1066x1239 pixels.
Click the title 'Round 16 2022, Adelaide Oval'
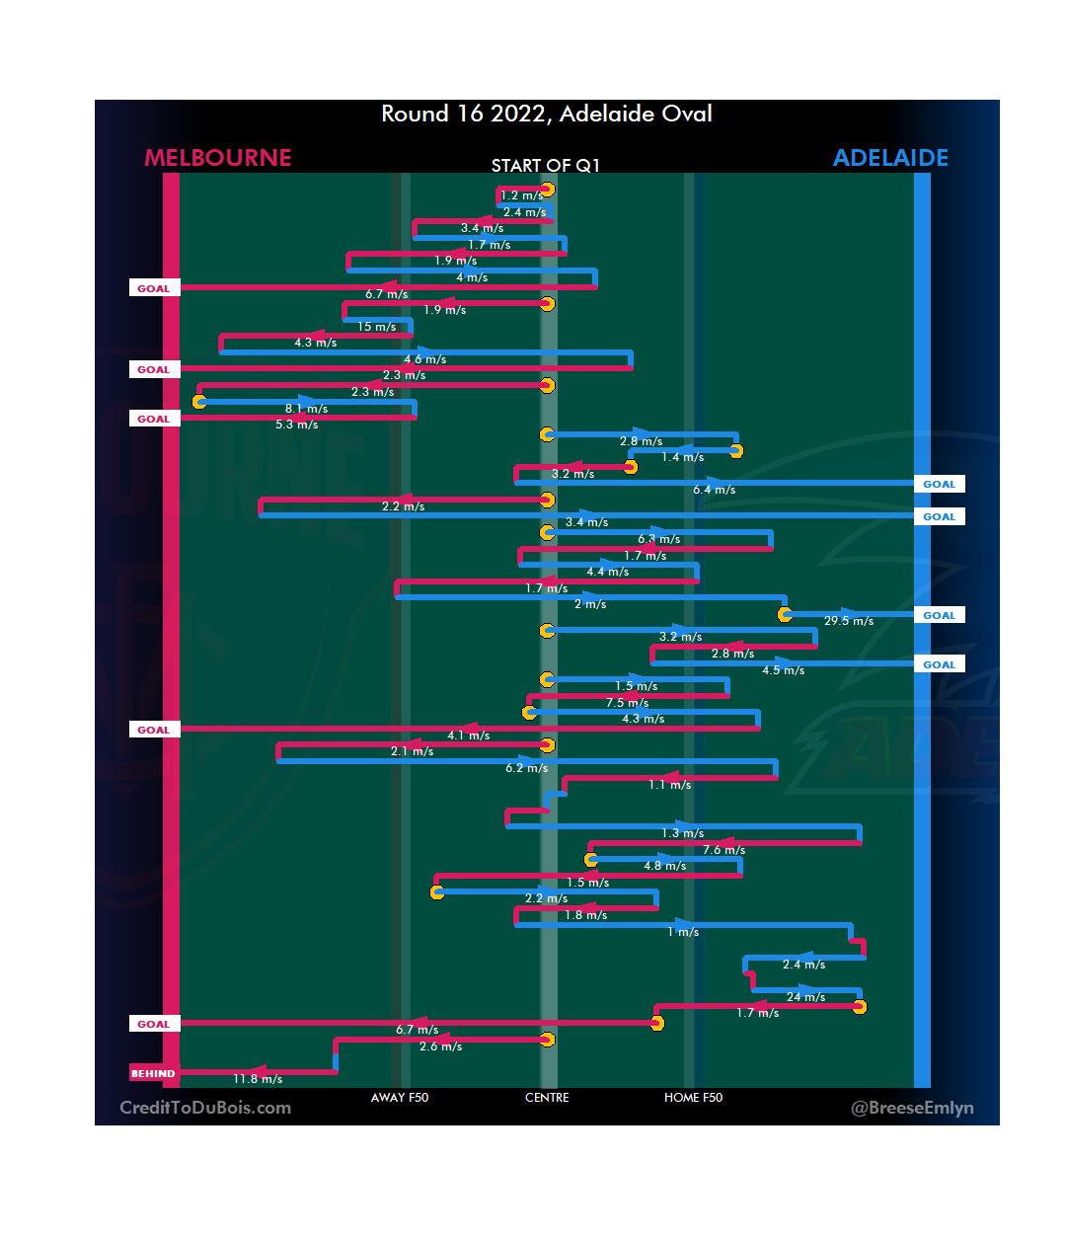[547, 115]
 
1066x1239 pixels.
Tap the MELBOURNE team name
[218, 158]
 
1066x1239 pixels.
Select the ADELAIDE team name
[890, 158]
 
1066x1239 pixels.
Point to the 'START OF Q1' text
[546, 165]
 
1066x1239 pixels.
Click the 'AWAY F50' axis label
[400, 1098]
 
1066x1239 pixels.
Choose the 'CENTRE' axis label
[547, 1098]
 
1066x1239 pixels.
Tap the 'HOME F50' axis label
[693, 1098]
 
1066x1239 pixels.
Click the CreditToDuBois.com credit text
[205, 1108]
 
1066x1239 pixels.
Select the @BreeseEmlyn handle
[912, 1108]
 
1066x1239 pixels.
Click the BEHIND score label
[153, 1073]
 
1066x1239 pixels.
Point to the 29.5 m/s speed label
[849, 621]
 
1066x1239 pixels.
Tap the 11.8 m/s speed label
[258, 1079]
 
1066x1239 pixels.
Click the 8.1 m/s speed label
[306, 409]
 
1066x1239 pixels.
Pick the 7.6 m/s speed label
[723, 850]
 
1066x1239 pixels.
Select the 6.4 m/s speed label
[714, 490]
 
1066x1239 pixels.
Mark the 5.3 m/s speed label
[296, 425]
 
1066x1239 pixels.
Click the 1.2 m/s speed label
[521, 195]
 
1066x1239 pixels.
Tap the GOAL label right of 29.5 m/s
[939, 615]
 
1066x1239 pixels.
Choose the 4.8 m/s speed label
[664, 866]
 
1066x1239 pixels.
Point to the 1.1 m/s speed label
[669, 785]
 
